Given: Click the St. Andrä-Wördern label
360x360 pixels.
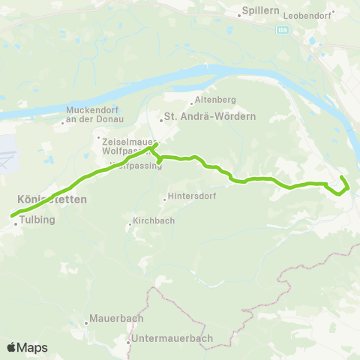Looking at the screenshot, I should coord(210,117).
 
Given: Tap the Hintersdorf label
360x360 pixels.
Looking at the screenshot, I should coord(189,199).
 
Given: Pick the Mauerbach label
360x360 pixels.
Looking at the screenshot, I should coord(116,318).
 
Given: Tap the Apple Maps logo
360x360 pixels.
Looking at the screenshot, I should coord(27,346).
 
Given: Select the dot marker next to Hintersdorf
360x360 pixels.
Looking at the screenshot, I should coord(165,199).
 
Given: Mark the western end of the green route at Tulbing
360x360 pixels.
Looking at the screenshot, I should coord(12,217).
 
